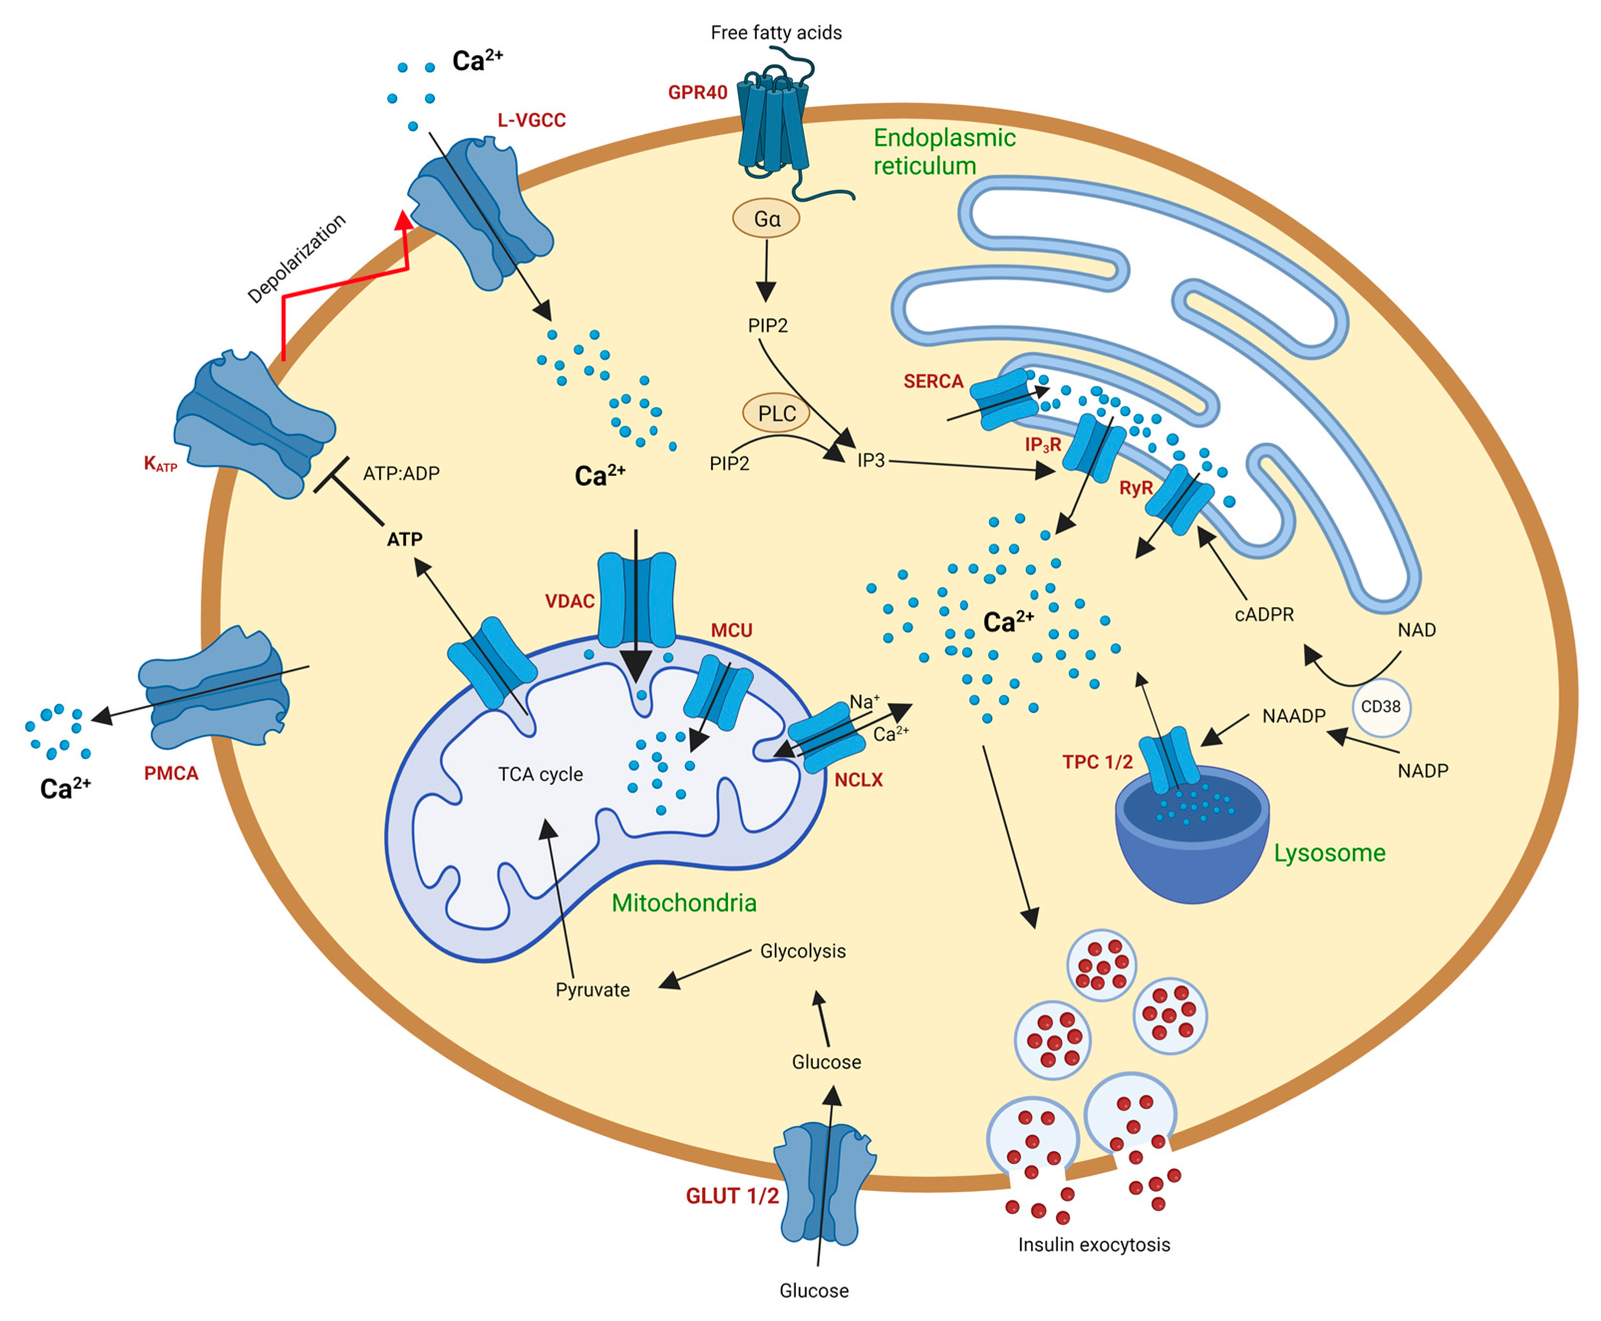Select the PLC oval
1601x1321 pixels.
pyautogui.click(x=776, y=413)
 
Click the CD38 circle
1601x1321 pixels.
pyautogui.click(x=1380, y=707)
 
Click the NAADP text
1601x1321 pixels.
pyautogui.click(x=1293, y=716)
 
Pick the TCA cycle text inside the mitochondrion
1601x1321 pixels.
pyautogui.click(x=540, y=775)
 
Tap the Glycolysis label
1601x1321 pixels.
pyautogui.click(x=802, y=951)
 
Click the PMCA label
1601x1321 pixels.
pyautogui.click(x=171, y=773)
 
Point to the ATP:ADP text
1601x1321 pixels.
pyautogui.click(x=401, y=473)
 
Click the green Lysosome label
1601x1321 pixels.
pyautogui.click(x=1329, y=853)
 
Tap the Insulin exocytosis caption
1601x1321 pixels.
pyautogui.click(x=1093, y=1245)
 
